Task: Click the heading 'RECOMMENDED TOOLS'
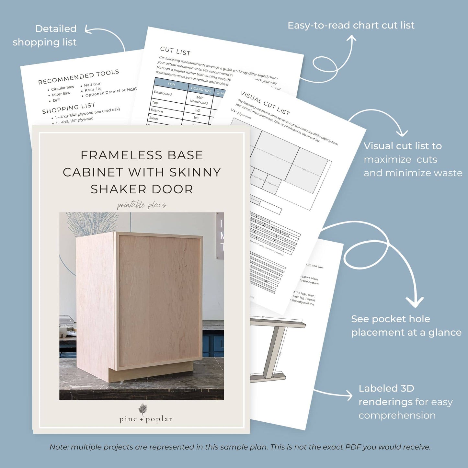tap(79, 77)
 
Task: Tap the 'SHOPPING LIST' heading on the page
tap(69, 108)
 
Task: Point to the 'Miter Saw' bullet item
tap(61, 94)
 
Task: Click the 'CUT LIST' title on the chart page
tap(175, 51)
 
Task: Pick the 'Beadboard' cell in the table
tap(163, 93)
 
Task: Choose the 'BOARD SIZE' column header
tap(201, 89)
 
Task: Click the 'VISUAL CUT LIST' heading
tap(265, 103)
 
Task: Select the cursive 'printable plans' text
tap(142, 205)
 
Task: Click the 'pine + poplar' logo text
tap(145, 419)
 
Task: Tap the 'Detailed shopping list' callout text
tap(45, 35)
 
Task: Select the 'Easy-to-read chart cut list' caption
tap(351, 25)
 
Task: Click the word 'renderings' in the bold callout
tap(385, 402)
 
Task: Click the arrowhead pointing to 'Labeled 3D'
tap(349, 395)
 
